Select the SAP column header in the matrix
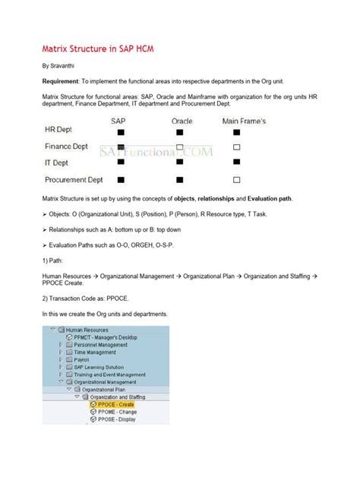[x=120, y=120]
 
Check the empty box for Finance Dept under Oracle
[x=179, y=147]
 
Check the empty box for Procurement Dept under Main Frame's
[x=237, y=179]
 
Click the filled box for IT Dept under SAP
[x=120, y=163]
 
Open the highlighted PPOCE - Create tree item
[x=115, y=405]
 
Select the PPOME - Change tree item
[x=116, y=412]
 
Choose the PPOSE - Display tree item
[x=116, y=418]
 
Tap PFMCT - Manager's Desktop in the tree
[x=104, y=337]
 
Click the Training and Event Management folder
[x=109, y=374]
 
